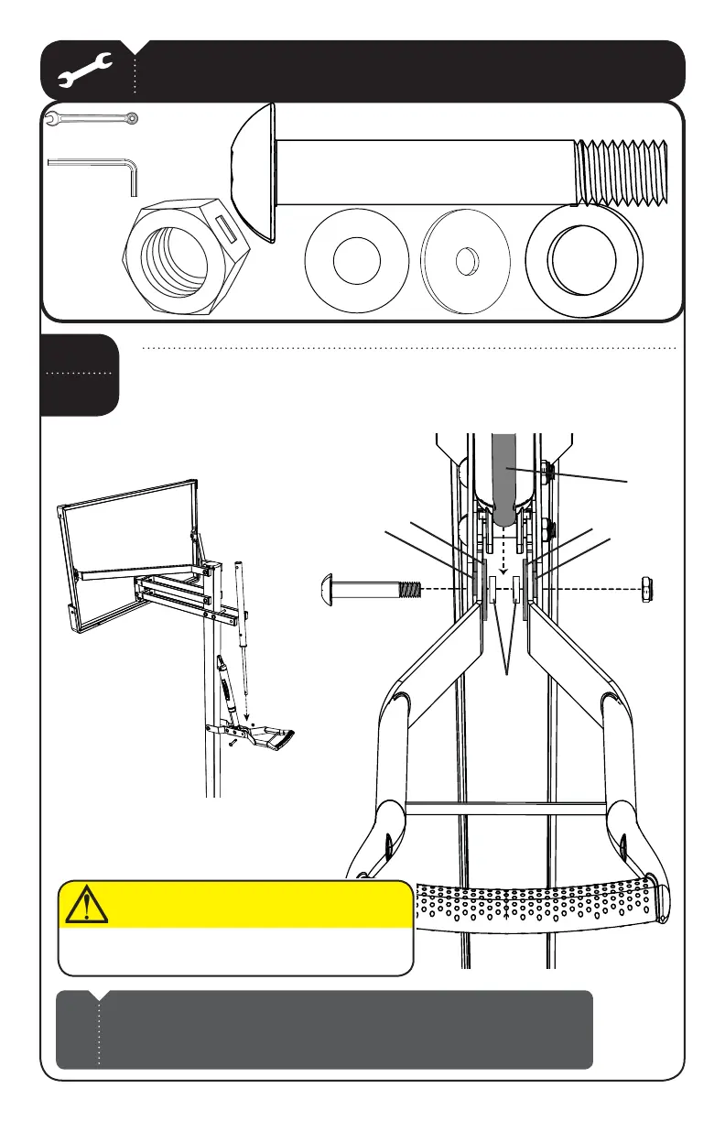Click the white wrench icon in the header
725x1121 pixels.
click(x=83, y=71)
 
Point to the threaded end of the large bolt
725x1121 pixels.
click(x=622, y=172)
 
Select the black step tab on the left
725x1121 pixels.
click(x=80, y=374)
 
